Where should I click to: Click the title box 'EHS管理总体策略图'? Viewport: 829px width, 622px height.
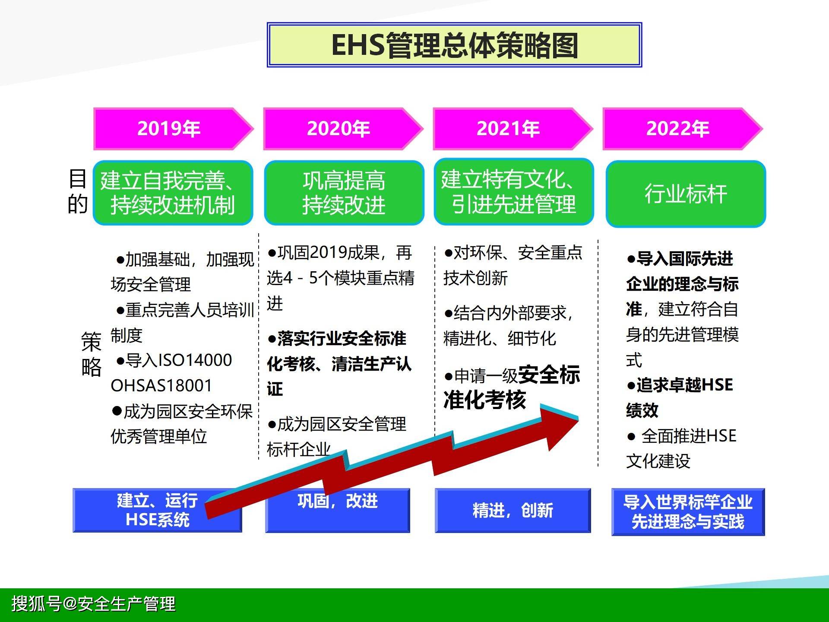point(454,45)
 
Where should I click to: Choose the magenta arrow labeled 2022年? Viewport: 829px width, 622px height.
point(683,129)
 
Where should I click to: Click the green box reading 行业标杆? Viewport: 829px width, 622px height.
point(686,194)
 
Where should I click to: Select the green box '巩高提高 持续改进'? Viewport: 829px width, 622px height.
point(344,193)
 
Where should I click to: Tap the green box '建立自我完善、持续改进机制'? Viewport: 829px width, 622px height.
point(173,193)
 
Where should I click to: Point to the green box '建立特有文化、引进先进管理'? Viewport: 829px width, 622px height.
point(514,191)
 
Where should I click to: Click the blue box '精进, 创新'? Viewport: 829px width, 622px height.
point(513,510)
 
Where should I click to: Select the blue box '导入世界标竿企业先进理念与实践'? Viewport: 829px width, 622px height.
point(688,512)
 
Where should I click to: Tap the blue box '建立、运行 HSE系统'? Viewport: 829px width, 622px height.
point(157,510)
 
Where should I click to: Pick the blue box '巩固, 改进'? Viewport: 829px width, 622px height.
point(337,510)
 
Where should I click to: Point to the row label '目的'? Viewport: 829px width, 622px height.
point(78,191)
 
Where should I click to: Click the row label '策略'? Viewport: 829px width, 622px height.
point(91,354)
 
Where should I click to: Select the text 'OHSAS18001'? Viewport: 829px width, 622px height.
point(161,385)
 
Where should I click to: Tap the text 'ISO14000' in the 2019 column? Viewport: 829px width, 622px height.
point(196,360)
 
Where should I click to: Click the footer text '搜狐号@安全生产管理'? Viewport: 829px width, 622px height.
point(94,603)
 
